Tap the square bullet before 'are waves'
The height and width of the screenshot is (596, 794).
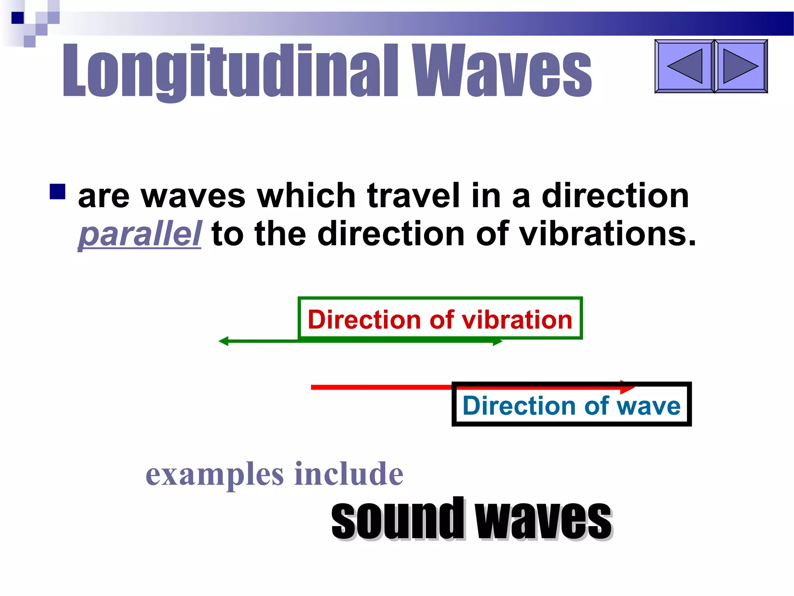tap(57, 192)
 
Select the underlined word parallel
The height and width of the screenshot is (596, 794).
tap(140, 234)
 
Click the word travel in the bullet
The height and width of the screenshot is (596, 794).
tap(413, 196)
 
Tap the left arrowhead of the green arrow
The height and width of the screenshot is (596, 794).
tap(223, 341)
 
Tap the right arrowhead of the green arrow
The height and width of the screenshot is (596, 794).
tap(498, 342)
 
